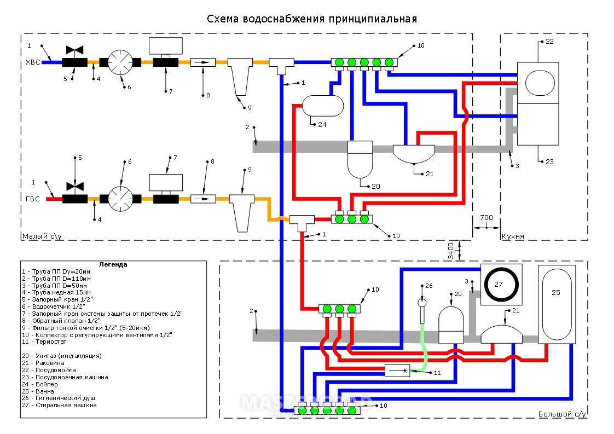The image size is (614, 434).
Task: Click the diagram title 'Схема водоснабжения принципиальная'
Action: pos(311,19)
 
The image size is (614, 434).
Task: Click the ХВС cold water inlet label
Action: pos(33,62)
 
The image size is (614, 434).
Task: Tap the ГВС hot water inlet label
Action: pos(33,199)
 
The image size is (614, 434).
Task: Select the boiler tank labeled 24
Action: pos(323,105)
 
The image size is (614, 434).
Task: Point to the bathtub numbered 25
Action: pos(556,304)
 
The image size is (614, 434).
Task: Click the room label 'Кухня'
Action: pos(513,236)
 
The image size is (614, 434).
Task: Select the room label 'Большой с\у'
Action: pos(561,414)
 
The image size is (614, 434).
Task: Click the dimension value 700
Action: pos(486,217)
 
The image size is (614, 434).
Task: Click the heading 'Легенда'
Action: pos(113,264)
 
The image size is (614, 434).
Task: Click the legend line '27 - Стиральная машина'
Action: pos(59,406)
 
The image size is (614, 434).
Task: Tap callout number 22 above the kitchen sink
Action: pos(549,42)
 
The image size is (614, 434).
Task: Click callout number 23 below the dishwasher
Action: pos(549,162)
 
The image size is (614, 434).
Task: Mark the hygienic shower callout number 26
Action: pos(428,286)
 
